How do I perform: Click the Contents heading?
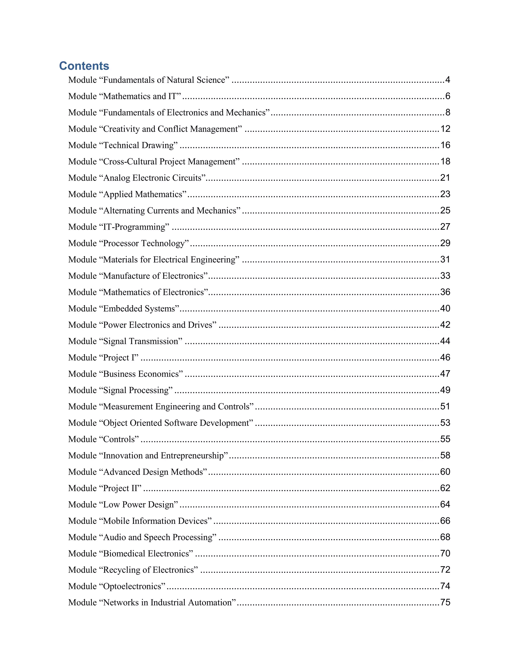point(84,66)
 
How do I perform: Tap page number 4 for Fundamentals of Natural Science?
point(447,80)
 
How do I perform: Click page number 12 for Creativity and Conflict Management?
point(445,129)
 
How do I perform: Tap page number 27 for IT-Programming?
point(445,227)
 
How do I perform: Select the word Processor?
point(121,243)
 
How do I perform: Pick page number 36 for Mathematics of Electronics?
point(445,292)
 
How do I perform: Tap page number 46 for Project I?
point(445,357)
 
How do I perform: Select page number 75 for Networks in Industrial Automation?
point(445,602)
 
